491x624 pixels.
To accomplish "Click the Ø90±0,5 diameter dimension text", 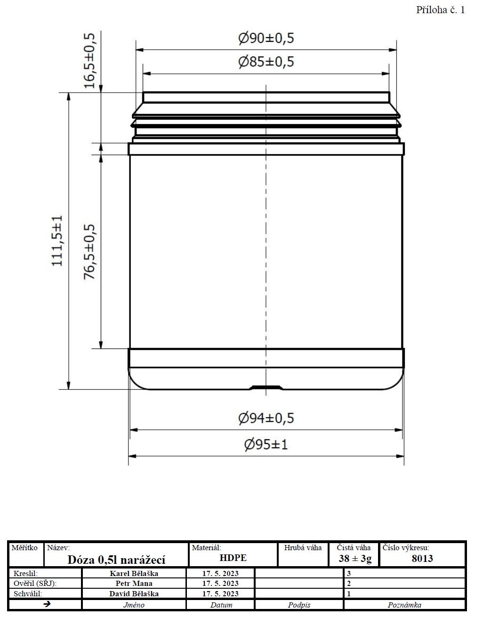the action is click(x=266, y=38).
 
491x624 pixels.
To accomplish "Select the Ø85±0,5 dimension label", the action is click(x=266, y=62).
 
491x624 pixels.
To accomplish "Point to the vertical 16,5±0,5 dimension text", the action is click(x=89, y=61).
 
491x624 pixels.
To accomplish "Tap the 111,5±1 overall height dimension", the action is click(x=57, y=241).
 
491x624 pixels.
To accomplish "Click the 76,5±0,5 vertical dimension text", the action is click(x=89, y=252).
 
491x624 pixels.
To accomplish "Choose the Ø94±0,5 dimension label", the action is click(x=266, y=418).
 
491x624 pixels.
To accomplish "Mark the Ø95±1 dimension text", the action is click(x=266, y=445).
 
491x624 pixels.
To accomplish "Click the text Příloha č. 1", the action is click(x=441, y=10).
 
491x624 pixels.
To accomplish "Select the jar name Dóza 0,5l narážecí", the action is click(x=116, y=560).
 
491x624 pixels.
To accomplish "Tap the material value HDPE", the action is click(x=233, y=558).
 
